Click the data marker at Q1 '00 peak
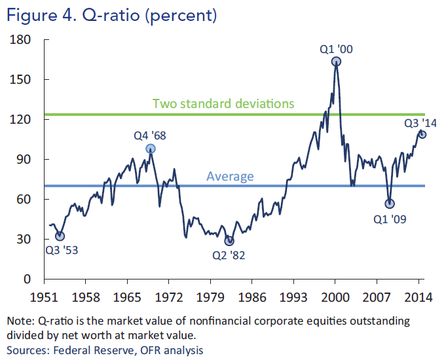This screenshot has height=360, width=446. point(336,62)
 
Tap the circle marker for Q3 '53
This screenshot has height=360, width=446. point(60,236)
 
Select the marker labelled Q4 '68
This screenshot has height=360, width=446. point(151,149)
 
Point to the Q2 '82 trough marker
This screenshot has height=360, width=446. point(229,241)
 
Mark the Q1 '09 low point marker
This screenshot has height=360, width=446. point(390,204)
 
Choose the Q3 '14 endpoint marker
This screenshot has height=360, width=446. point(422,134)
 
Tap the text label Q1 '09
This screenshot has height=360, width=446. point(390,219)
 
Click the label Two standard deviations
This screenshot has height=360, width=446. point(223,103)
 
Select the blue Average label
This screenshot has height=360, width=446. point(230,175)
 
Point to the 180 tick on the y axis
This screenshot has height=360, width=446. point(22,40)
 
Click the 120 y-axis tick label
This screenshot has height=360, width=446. point(22,120)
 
